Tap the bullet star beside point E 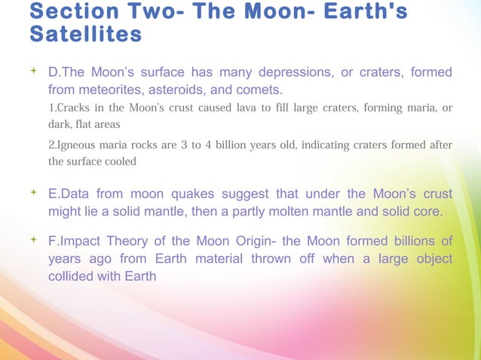pyautogui.click(x=34, y=194)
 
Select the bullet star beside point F pyautogui.click(x=34, y=241)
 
